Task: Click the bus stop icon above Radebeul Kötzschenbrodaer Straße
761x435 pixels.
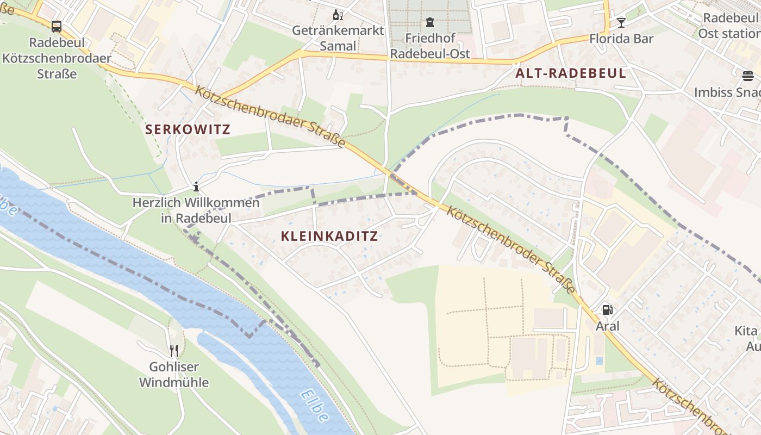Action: click(56, 26)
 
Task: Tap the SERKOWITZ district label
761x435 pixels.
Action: click(188, 129)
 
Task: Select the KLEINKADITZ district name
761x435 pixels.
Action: click(329, 236)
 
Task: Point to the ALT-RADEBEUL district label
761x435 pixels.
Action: click(571, 73)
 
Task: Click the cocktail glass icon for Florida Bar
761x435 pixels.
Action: click(621, 23)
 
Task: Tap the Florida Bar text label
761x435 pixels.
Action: click(621, 39)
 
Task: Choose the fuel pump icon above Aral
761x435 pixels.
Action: click(607, 310)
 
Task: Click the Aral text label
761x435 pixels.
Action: click(607, 326)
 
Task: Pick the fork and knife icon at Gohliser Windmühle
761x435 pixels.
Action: click(173, 350)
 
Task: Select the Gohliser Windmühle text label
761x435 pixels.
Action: click(173, 375)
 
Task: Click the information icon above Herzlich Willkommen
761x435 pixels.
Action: click(196, 187)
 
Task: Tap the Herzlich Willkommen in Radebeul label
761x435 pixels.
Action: click(196, 210)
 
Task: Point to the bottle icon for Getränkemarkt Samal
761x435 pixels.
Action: click(338, 15)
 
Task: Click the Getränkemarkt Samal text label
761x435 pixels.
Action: click(338, 38)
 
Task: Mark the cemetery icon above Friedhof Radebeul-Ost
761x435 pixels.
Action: click(430, 23)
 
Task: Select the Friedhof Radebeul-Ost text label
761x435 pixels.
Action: click(430, 46)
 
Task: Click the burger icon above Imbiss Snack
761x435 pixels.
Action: click(748, 76)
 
